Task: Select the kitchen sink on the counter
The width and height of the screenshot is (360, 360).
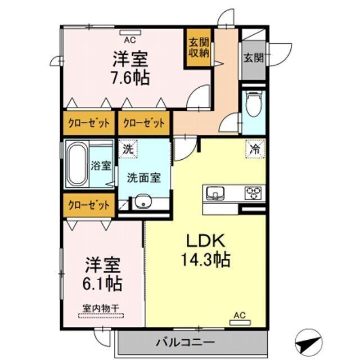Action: pos(215,193)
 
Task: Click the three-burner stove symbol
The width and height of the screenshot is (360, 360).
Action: pos(253,193)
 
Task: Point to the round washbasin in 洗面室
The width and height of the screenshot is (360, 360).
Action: pos(143,202)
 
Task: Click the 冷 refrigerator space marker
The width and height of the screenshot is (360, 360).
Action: pos(255,149)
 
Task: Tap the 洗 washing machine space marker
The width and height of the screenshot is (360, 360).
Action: pos(128,149)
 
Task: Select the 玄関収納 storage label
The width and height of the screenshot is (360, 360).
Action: pos(199,48)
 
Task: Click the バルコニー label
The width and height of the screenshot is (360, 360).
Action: pos(186,343)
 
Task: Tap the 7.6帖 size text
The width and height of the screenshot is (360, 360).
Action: pos(130,78)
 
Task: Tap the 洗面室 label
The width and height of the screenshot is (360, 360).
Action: pos(144,178)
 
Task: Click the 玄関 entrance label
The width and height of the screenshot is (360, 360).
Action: pos(254,57)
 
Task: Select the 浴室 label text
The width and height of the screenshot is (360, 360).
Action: pos(101,165)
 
